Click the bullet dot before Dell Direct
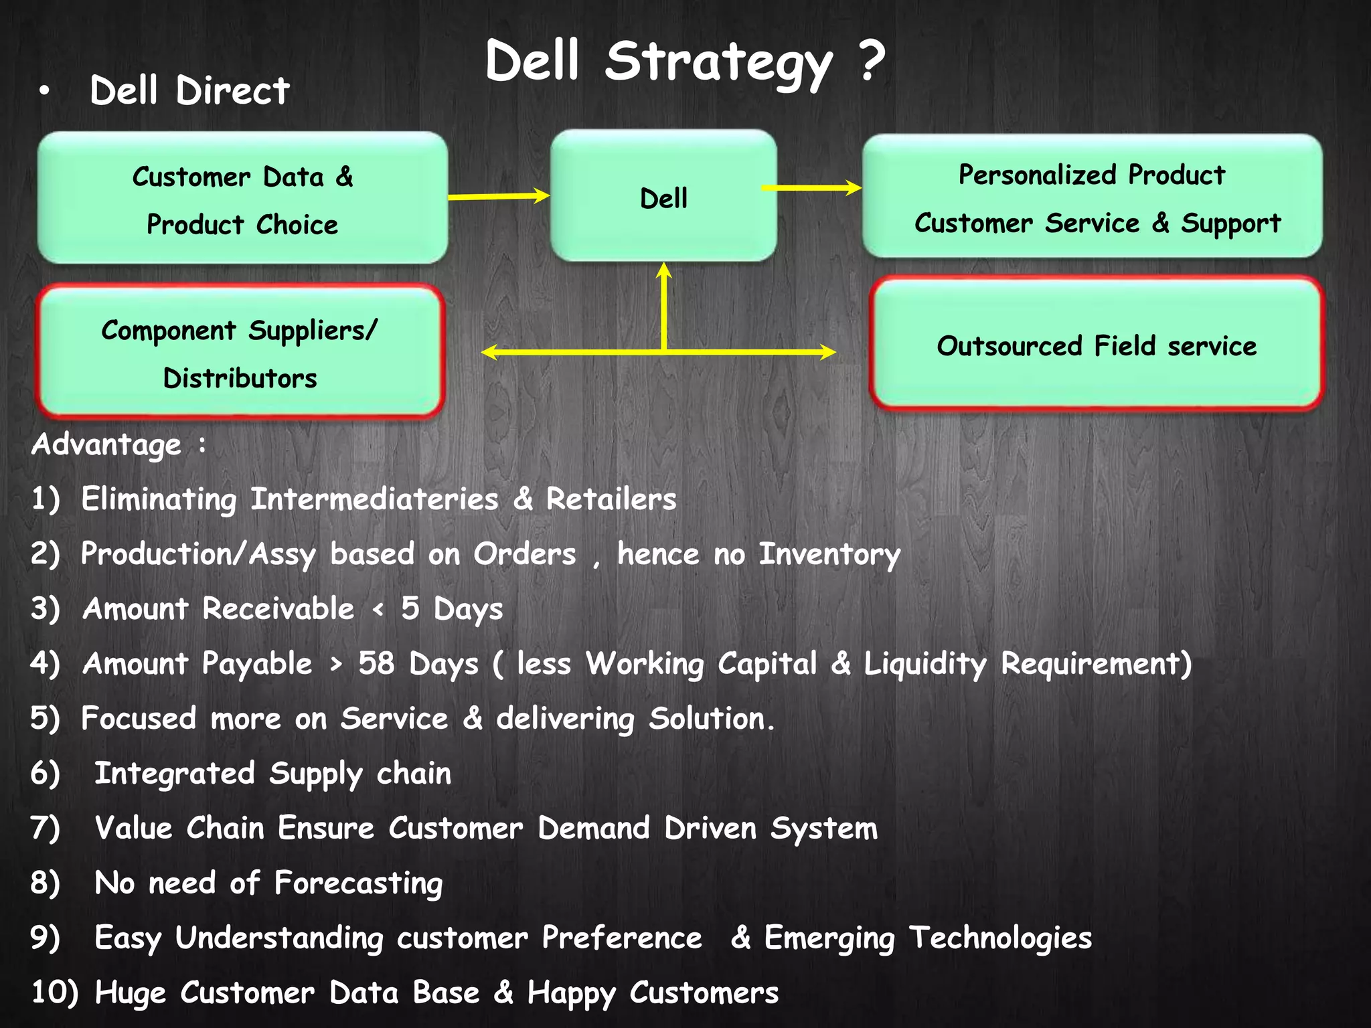pos(44,91)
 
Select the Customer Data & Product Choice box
pos(242,198)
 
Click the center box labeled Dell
pos(663,196)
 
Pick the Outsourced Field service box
pos(1097,345)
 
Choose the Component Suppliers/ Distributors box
pos(240,353)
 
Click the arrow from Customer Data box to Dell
pos(498,196)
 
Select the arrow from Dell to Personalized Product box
pos(811,187)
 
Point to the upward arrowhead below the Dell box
pos(663,270)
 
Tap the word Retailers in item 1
pos(611,499)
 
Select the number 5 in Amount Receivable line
pos(410,608)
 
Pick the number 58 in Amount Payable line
pos(376,663)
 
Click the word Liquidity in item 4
pos(924,665)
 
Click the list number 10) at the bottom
pos(54,992)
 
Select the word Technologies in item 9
pos(999,938)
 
